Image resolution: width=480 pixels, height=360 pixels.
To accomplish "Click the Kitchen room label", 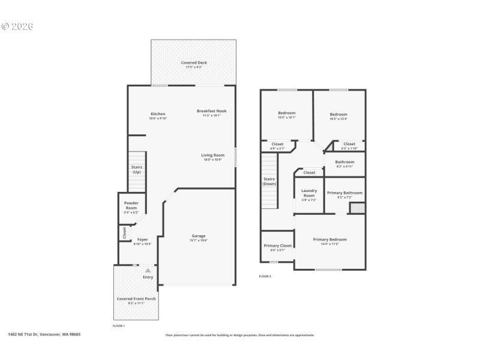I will coord(158,114).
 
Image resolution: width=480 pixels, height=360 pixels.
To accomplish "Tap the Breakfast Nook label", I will coord(211,111).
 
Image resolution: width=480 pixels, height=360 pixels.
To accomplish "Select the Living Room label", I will coord(212,155).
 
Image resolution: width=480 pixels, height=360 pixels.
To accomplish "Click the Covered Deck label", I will coord(193,63).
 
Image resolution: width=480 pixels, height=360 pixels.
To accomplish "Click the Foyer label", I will coord(143,239).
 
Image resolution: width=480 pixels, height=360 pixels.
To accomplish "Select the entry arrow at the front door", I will coord(148,271).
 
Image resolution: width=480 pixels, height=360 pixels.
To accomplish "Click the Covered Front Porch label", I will coord(136,299).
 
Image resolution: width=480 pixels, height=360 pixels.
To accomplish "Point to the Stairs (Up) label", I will coord(137,170).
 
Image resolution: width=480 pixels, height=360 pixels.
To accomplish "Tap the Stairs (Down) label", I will coord(269,181).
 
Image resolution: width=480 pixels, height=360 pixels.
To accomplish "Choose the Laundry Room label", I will coord(309,193).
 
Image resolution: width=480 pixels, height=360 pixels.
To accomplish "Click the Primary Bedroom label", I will coord(329,239).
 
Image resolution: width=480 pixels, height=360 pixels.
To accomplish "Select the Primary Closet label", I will coord(277,245).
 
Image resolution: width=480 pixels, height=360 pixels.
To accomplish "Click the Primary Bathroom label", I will coord(344,193).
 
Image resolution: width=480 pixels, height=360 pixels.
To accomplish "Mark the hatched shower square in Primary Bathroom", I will coord(357,208).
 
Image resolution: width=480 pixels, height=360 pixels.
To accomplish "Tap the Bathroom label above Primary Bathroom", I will coord(344,162).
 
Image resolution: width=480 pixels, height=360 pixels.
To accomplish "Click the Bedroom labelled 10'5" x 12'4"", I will coord(338,115).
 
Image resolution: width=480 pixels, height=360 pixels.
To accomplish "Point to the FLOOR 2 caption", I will coord(265,276).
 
